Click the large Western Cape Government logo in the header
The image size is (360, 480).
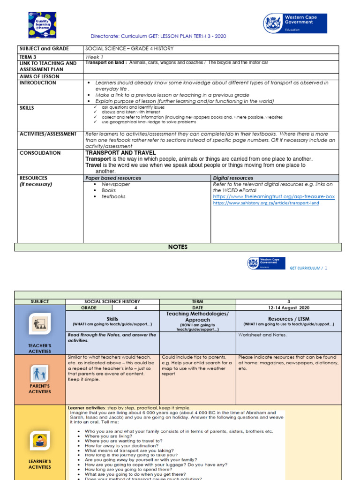click(295, 23)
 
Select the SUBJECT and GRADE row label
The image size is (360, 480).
click(44, 49)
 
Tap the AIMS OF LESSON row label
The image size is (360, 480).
click(39, 76)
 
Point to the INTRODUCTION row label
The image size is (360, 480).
click(37, 83)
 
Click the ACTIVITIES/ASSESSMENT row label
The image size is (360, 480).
click(48, 134)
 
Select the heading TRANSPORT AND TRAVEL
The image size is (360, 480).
click(120, 153)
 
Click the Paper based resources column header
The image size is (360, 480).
click(113, 178)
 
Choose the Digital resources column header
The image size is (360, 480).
click(233, 178)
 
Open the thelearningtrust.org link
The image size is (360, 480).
click(274, 197)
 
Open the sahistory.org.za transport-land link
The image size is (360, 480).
click(266, 203)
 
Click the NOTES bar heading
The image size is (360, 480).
click(178, 247)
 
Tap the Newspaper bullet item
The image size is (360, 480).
click(116, 184)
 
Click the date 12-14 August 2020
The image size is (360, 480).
click(289, 308)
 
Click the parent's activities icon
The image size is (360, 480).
click(40, 374)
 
